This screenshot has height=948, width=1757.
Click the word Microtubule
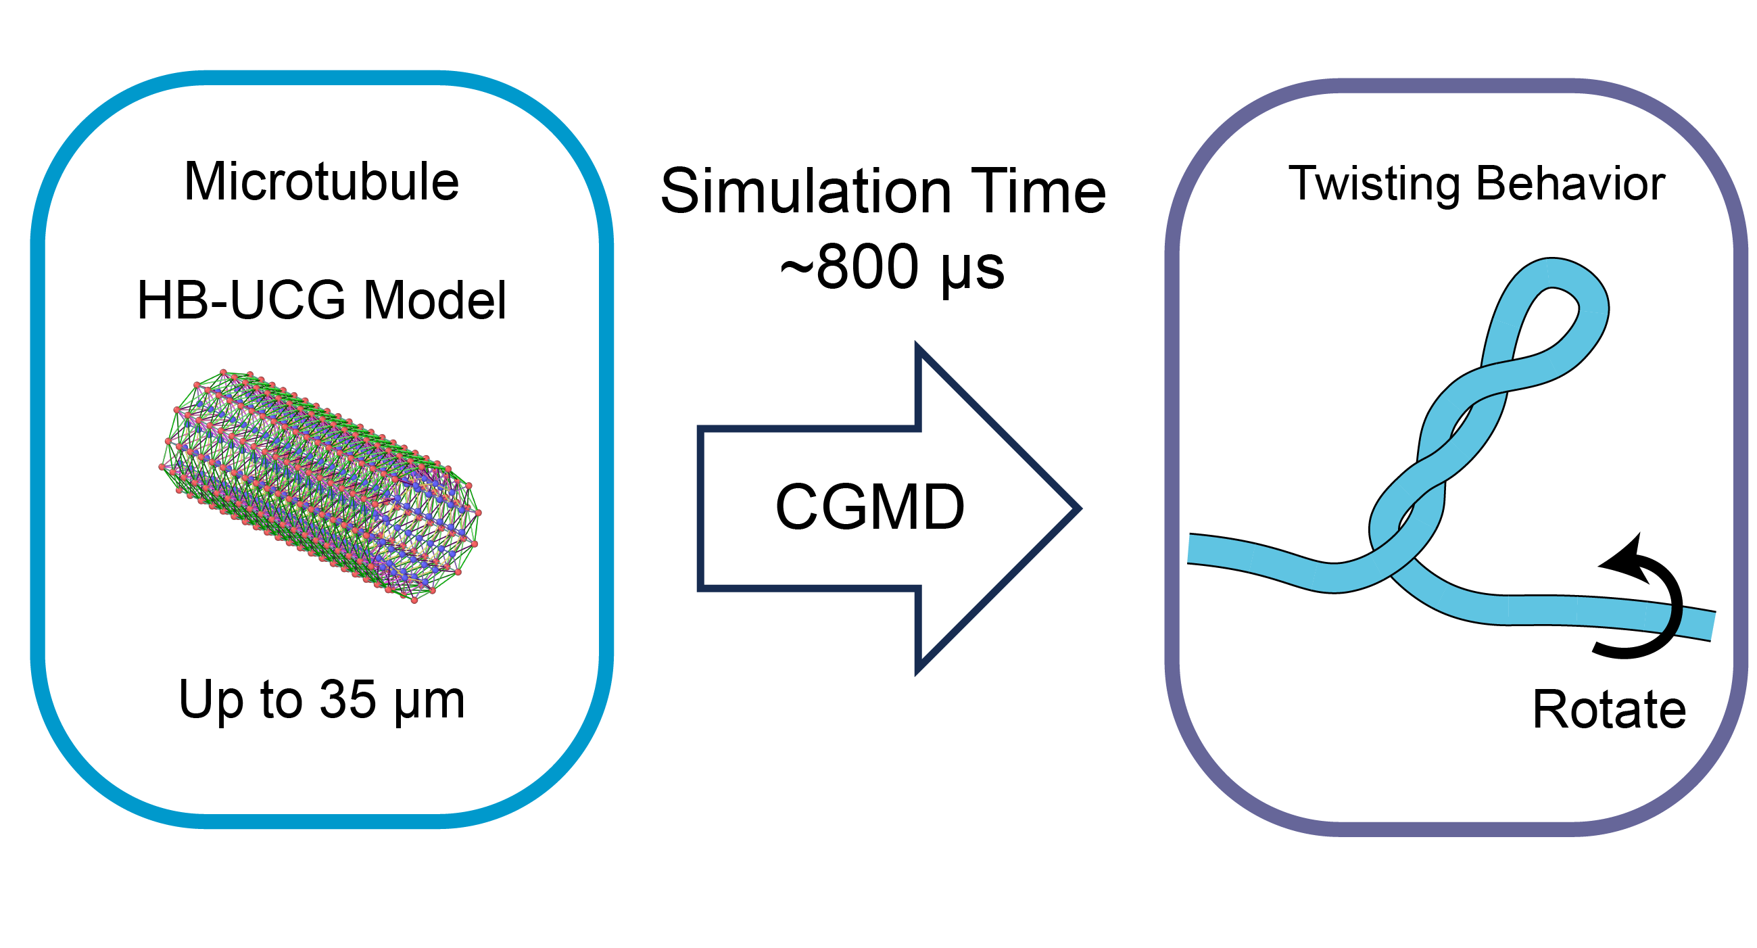click(321, 183)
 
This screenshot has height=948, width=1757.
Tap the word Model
click(435, 300)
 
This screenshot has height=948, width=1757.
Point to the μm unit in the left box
click(430, 703)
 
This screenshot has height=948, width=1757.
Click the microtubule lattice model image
click(320, 485)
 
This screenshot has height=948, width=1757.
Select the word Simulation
click(806, 191)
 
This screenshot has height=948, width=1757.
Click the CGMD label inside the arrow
click(869, 506)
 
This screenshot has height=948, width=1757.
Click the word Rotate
click(1609, 710)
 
